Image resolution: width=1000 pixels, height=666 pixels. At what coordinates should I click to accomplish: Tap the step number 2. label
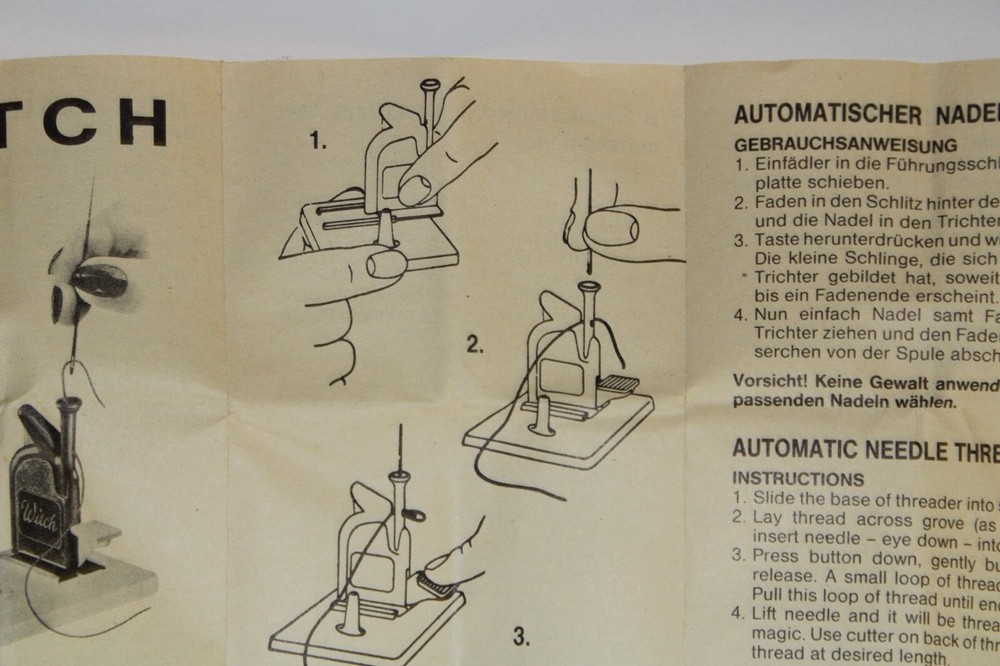tap(476, 346)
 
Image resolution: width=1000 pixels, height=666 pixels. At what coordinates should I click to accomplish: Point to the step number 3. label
tap(521, 636)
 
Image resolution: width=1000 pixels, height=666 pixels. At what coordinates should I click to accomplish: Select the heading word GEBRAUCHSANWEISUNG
tap(845, 145)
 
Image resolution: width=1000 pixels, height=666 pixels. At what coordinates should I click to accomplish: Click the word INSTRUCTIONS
tap(798, 480)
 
